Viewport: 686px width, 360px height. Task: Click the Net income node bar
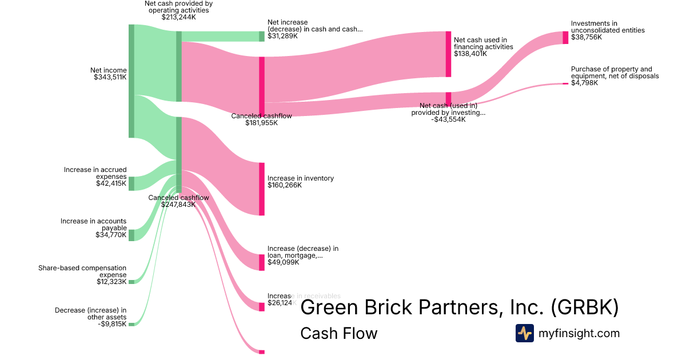131,81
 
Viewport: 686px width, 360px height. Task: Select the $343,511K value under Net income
110,77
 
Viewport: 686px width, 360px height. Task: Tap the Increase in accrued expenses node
131,183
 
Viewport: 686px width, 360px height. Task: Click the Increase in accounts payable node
131,235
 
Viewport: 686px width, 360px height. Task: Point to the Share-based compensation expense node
131,282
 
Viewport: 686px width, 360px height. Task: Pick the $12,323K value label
111,282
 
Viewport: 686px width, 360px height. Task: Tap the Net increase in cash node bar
262,36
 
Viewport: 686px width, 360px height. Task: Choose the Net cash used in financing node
448,54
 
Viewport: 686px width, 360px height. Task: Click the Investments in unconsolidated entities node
565,38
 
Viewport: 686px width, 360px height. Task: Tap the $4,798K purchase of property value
584,83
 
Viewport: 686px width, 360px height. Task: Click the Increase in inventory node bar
262,189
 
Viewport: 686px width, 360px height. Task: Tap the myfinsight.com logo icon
524,333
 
